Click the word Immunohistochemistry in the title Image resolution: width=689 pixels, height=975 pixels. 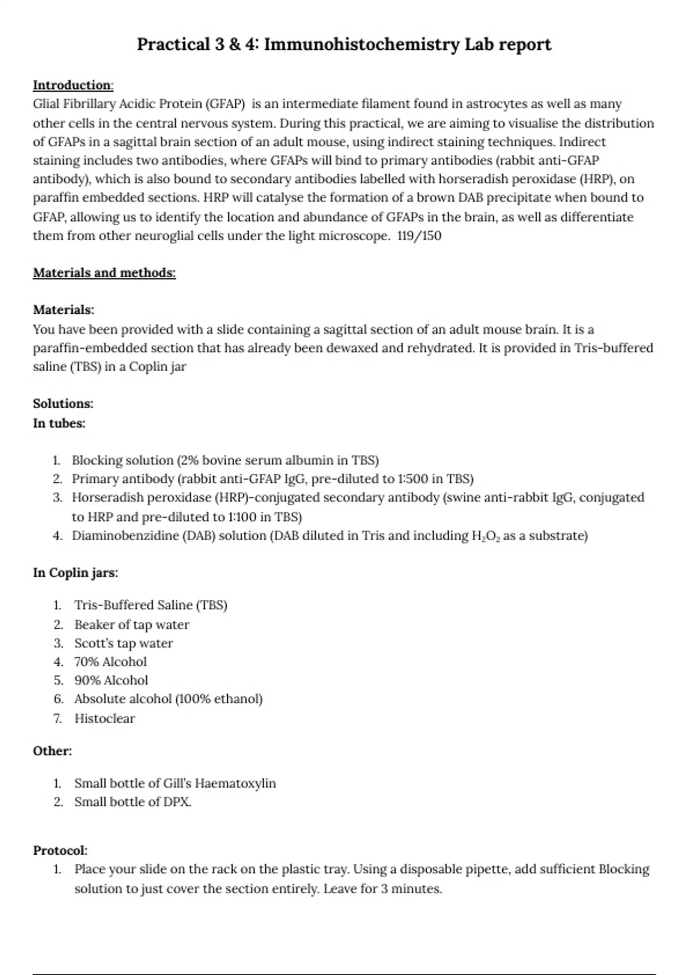[361, 45]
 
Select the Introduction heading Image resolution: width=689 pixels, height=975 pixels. [72, 85]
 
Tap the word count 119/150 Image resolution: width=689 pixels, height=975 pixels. [419, 236]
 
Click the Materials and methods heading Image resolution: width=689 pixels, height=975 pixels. [104, 273]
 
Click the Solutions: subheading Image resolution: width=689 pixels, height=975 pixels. [63, 404]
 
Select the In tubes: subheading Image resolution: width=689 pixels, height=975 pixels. [59, 424]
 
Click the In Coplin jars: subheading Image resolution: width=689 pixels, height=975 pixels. [75, 573]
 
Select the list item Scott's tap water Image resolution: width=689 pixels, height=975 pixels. [123, 643]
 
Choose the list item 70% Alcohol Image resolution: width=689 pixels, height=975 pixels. [110, 662]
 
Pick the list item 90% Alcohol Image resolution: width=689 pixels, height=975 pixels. [111, 681]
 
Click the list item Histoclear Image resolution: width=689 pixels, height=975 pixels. [104, 719]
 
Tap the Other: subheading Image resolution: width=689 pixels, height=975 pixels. [52, 751]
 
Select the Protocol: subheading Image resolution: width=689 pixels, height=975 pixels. [60, 851]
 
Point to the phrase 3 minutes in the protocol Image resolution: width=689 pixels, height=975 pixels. [411, 890]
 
